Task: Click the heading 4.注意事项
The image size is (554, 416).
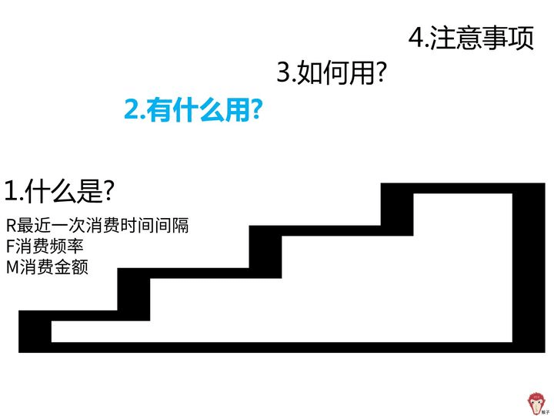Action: click(471, 39)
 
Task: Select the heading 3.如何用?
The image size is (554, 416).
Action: click(331, 74)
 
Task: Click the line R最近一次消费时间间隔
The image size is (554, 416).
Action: click(97, 226)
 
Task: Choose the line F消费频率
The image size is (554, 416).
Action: click(45, 248)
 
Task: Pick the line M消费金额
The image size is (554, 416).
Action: click(47, 269)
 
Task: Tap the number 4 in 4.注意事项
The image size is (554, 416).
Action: click(415, 39)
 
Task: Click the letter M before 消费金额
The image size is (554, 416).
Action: click(12, 269)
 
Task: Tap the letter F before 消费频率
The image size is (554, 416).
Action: click(9, 248)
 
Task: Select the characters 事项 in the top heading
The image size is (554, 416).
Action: click(508, 39)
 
